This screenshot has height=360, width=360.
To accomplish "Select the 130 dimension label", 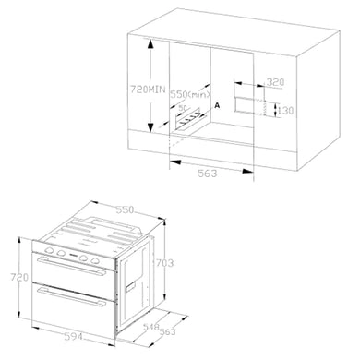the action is tap(285, 111).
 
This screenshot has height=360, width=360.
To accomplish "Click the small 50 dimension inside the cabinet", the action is tap(183, 107).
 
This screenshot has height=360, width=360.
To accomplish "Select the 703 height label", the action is tap(165, 263).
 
